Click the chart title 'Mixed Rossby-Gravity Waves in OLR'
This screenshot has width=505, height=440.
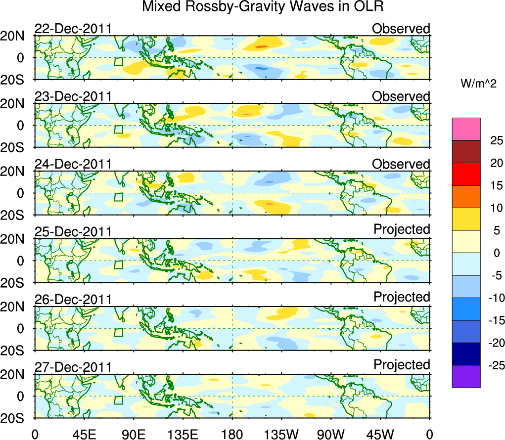[x=263, y=7]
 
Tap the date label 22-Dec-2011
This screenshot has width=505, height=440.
[x=73, y=29]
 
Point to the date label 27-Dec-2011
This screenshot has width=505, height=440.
[x=73, y=367]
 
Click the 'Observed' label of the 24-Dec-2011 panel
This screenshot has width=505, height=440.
[x=401, y=164]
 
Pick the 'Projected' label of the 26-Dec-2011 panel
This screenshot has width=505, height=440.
[x=402, y=297]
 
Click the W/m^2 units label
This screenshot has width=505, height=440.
[x=478, y=85]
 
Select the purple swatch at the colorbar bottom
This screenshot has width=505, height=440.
[x=466, y=376]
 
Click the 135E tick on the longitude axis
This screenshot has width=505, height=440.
[x=183, y=435]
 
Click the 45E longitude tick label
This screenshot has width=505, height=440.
[x=84, y=435]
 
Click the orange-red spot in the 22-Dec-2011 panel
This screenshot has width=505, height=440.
[x=262, y=46]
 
